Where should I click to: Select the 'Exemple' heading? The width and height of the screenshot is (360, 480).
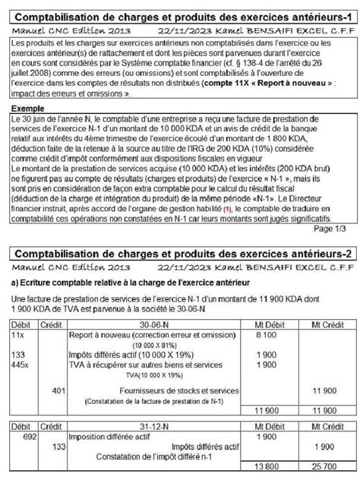click(29, 109)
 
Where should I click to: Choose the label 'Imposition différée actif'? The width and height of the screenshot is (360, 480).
click(111, 437)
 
